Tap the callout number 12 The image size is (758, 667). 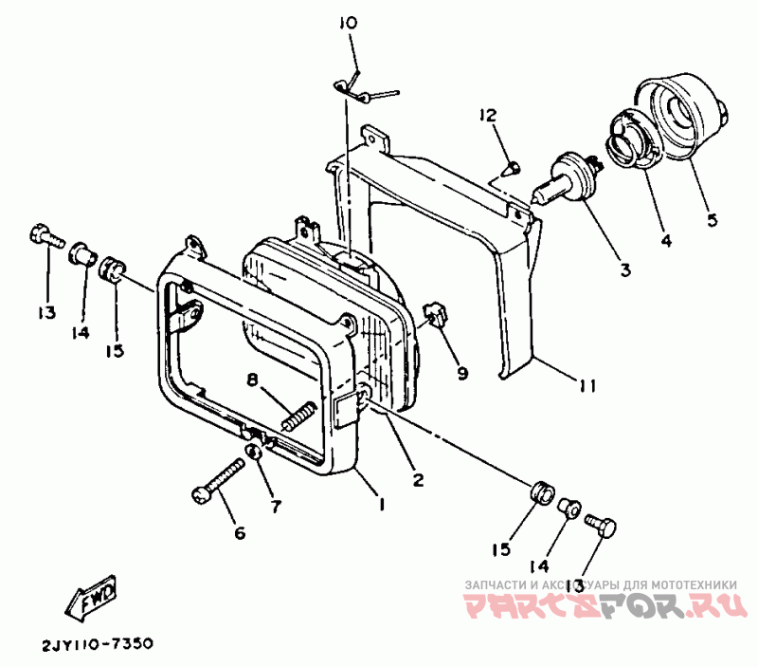click(x=487, y=116)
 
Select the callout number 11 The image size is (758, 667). click(x=587, y=385)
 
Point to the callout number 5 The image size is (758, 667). click(x=712, y=220)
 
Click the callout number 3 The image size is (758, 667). click(x=623, y=270)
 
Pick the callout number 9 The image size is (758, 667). click(x=462, y=374)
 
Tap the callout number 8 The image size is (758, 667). click(x=252, y=380)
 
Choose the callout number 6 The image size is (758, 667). click(x=239, y=532)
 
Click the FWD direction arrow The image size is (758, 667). click(x=90, y=598)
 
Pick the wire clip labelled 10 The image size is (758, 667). click(x=357, y=88)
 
